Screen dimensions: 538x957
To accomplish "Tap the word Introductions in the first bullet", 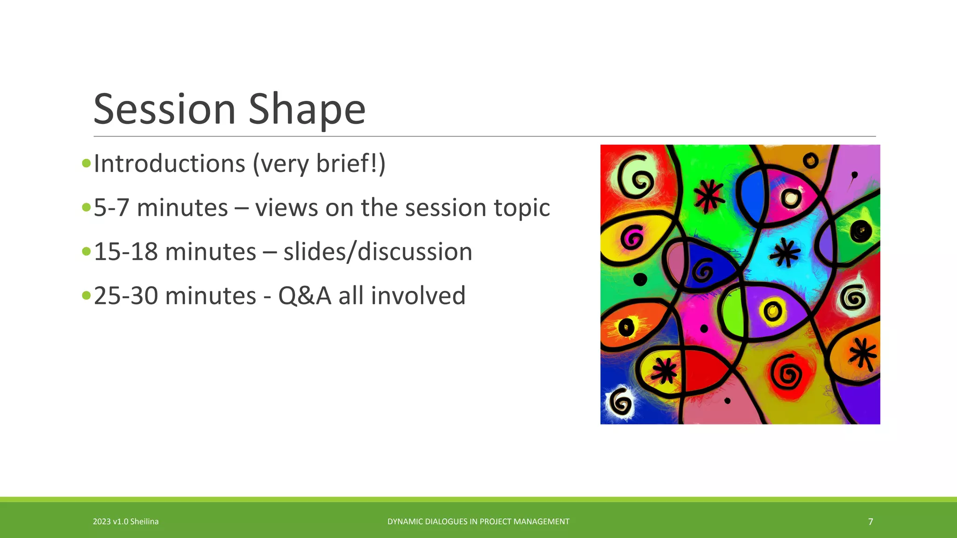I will pos(169,163).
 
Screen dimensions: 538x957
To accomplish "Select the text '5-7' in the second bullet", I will pos(111,207).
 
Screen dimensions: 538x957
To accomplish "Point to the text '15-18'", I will pos(126,252).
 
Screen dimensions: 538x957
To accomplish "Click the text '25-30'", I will pos(126,296).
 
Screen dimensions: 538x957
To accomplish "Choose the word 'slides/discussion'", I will pos(378,252).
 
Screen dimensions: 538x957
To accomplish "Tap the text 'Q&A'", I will pos(304,296).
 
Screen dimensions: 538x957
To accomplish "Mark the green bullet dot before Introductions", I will pos(86,163).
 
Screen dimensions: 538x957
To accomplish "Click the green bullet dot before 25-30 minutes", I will pos(86,295).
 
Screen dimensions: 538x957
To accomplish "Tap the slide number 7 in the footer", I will pos(870,522).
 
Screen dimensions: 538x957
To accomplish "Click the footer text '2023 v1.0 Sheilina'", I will pos(126,522).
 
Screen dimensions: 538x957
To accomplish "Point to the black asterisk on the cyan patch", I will pos(785,253).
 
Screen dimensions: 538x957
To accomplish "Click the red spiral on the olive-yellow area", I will pos(788,374).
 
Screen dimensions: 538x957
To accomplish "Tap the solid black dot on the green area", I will pos(640,279).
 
